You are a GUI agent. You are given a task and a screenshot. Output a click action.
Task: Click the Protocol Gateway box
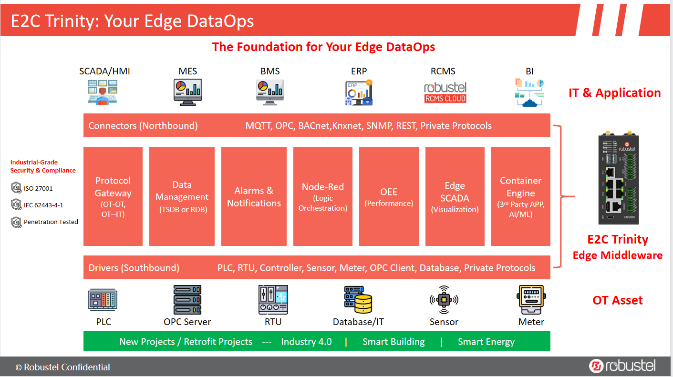pos(113,196)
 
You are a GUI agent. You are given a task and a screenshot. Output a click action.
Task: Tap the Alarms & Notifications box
pos(254,196)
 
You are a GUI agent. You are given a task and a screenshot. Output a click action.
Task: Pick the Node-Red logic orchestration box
pos(323,196)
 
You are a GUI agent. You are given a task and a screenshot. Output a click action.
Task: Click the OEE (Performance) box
pos(389,196)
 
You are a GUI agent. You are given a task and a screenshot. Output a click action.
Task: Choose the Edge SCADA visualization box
pos(455,196)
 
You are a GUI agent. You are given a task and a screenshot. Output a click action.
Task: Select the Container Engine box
pos(520,196)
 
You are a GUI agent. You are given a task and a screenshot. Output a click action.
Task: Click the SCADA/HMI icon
pos(103,92)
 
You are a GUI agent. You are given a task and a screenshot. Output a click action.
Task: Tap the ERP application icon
pos(359,92)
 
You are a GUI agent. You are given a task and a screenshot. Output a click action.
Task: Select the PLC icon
pos(103,300)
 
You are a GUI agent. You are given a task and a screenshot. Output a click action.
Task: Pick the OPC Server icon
pos(187,300)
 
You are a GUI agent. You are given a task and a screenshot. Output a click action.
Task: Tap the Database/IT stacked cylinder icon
pos(358,300)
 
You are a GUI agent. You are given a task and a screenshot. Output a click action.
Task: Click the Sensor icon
pos(444,300)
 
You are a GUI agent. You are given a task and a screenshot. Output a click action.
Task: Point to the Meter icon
pos(530,300)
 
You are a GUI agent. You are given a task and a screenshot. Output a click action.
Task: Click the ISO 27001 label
pos(38,189)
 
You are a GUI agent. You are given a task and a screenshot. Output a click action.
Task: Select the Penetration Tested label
pos(51,222)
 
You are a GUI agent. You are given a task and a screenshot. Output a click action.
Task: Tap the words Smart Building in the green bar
pos(393,342)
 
